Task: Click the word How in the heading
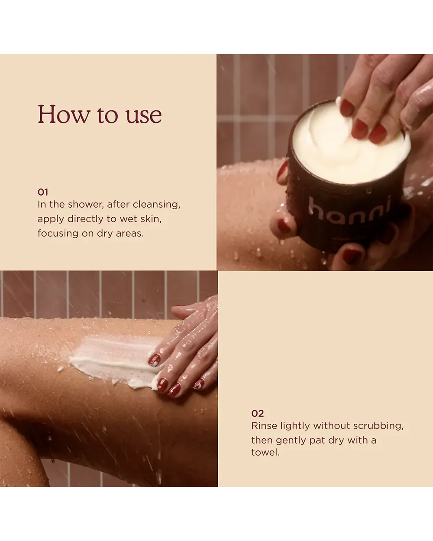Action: (64, 114)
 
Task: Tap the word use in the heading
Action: (144, 116)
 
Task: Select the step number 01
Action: (43, 192)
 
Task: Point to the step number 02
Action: (257, 414)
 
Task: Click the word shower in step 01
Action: (86, 204)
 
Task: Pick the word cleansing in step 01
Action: (156, 205)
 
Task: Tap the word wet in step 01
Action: (128, 219)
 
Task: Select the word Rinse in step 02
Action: (264, 426)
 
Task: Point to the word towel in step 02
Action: (265, 453)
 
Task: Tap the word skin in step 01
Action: (151, 219)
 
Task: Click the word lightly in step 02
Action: (295, 426)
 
